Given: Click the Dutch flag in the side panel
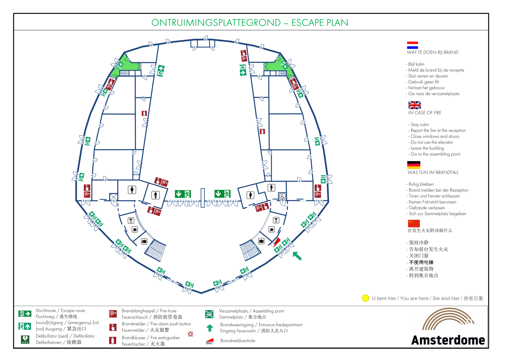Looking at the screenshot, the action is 413,45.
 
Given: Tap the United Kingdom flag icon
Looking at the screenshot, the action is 415,105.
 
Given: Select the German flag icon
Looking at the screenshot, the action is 414,165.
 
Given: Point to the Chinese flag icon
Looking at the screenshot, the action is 414,223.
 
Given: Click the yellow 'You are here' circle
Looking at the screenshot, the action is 366,298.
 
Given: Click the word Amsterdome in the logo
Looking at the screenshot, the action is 448,340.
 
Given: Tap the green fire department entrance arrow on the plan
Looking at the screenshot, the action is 297,256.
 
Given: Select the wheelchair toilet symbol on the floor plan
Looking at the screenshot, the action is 282,197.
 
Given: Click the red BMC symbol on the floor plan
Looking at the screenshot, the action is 276,242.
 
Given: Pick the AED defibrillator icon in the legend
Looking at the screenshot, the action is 25,340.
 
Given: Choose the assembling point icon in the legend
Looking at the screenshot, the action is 209,314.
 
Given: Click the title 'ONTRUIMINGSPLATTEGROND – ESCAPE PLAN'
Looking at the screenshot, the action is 250,23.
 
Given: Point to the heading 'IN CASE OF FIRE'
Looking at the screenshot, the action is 425,113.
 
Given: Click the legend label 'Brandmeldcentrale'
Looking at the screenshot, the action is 238,341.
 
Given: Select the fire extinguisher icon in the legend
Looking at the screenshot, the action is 113,340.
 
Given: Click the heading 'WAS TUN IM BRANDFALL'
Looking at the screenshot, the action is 433,172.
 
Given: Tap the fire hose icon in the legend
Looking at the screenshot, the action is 113,314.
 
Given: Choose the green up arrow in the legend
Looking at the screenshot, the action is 210,328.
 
